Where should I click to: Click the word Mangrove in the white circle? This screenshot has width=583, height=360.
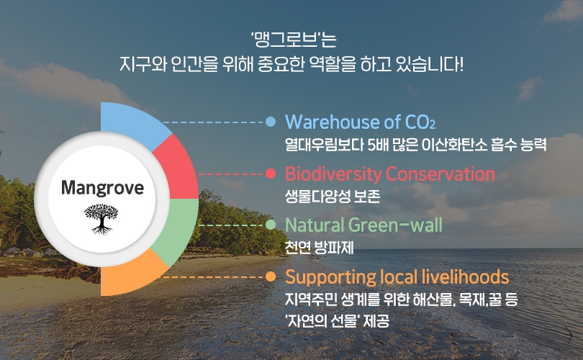pyautogui.click(x=102, y=187)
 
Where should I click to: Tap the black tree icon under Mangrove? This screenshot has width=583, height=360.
pyautogui.click(x=101, y=220)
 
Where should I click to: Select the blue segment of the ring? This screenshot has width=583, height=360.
pyautogui.click(x=134, y=125)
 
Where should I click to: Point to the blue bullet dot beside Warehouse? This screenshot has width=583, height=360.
pyautogui.click(x=271, y=122)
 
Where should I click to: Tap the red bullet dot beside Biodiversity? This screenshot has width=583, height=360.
pyautogui.click(x=271, y=174)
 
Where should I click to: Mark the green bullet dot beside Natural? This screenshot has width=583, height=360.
pyautogui.click(x=271, y=225)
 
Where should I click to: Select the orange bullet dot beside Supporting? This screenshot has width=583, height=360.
pyautogui.click(x=271, y=276)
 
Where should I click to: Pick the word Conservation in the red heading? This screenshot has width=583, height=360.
pyautogui.click(x=440, y=174)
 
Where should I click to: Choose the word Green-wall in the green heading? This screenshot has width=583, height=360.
pyautogui.click(x=396, y=225)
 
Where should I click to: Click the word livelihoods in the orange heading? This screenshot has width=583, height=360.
pyautogui.click(x=466, y=277)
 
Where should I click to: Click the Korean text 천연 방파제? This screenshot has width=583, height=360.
pyautogui.click(x=320, y=248)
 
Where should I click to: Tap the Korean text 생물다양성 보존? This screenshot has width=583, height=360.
pyautogui.click(x=333, y=197)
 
